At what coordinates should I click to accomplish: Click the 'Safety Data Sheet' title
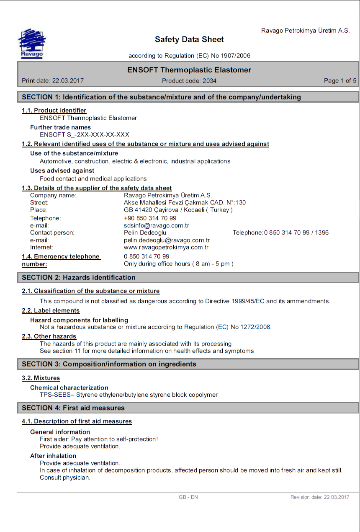(x=189, y=39)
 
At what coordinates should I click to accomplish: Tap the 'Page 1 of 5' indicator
(x=340, y=81)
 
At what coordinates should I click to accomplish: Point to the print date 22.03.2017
(x=67, y=81)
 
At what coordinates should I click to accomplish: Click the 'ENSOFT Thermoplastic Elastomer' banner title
(x=189, y=70)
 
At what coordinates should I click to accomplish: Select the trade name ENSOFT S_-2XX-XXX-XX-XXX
(x=85, y=135)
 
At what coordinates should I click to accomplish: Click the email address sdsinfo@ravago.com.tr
(x=157, y=225)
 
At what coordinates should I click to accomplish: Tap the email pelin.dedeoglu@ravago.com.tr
(x=167, y=240)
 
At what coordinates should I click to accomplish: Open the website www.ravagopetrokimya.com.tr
(x=166, y=247)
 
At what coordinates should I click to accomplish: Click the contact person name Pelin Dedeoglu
(x=145, y=232)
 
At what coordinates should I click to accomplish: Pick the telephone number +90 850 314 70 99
(x=150, y=218)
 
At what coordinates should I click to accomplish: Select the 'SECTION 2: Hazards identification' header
(x=79, y=277)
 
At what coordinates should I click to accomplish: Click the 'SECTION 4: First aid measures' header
(x=73, y=408)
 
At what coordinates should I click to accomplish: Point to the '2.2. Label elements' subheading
(x=51, y=310)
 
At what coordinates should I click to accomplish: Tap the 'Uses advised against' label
(x=62, y=170)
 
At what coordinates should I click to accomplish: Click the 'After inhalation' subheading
(x=53, y=456)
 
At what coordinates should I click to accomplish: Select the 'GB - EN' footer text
(x=188, y=497)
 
